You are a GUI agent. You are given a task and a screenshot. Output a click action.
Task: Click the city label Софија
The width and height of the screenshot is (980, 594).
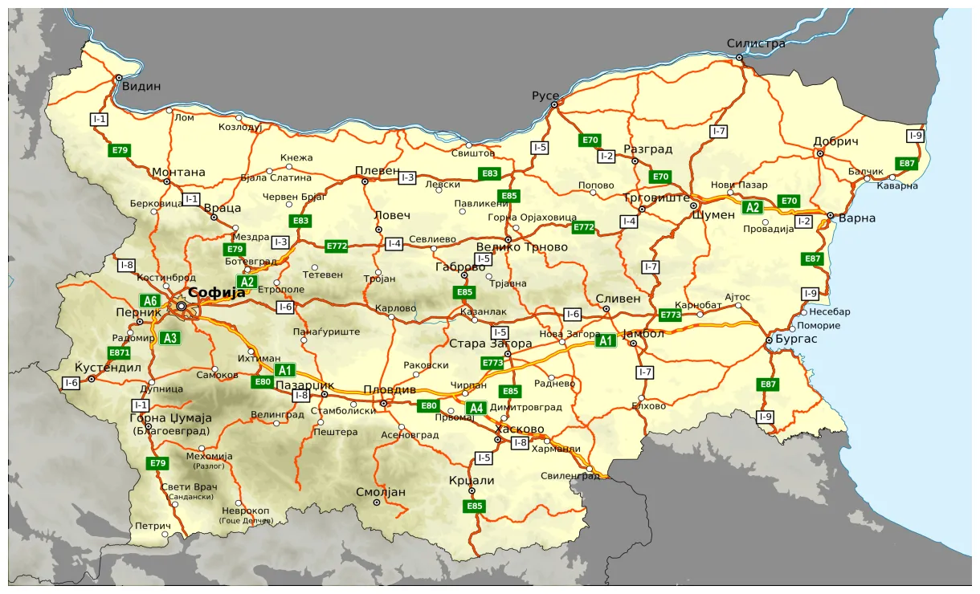coord(216,293)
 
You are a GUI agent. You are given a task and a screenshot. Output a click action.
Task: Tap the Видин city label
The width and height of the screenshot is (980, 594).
coord(141,87)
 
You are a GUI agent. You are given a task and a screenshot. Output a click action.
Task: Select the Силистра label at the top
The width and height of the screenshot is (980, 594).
coord(755,43)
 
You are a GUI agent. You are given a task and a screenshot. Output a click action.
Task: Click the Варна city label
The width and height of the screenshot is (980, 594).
coord(856,218)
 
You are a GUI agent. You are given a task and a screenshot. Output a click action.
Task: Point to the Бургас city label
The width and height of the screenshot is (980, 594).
coord(796,340)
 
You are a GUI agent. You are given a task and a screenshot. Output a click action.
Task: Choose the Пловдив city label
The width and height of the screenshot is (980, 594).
coord(390,389)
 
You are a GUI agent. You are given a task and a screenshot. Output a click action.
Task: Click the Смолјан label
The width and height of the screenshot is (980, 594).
coord(381,492)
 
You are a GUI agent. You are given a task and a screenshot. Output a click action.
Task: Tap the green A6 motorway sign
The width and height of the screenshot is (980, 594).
coord(150,301)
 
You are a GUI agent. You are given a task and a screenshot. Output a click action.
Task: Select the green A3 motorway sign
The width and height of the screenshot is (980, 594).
coord(169,338)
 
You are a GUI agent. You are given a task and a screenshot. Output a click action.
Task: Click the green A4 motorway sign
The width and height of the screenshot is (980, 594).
coord(476,408)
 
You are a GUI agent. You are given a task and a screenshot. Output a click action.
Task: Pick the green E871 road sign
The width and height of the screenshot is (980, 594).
coord(119,352)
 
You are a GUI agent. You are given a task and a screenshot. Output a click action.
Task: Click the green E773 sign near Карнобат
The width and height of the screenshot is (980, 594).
coord(670,315)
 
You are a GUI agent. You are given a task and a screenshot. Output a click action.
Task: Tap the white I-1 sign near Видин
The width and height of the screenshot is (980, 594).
coord(99,120)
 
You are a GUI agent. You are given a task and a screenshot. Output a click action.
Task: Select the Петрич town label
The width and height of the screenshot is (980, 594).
coord(153,527)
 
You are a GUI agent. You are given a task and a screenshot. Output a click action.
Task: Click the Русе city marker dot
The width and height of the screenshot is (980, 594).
coord(553,104)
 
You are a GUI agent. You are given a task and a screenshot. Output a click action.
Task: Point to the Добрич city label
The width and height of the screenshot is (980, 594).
coord(835,141)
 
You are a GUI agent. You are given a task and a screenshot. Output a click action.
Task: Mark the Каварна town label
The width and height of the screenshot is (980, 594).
coord(896,185)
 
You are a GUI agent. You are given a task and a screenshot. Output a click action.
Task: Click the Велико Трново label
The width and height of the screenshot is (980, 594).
coord(521,247)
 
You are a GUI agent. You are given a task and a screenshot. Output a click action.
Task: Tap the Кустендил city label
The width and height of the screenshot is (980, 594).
coord(108,368)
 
